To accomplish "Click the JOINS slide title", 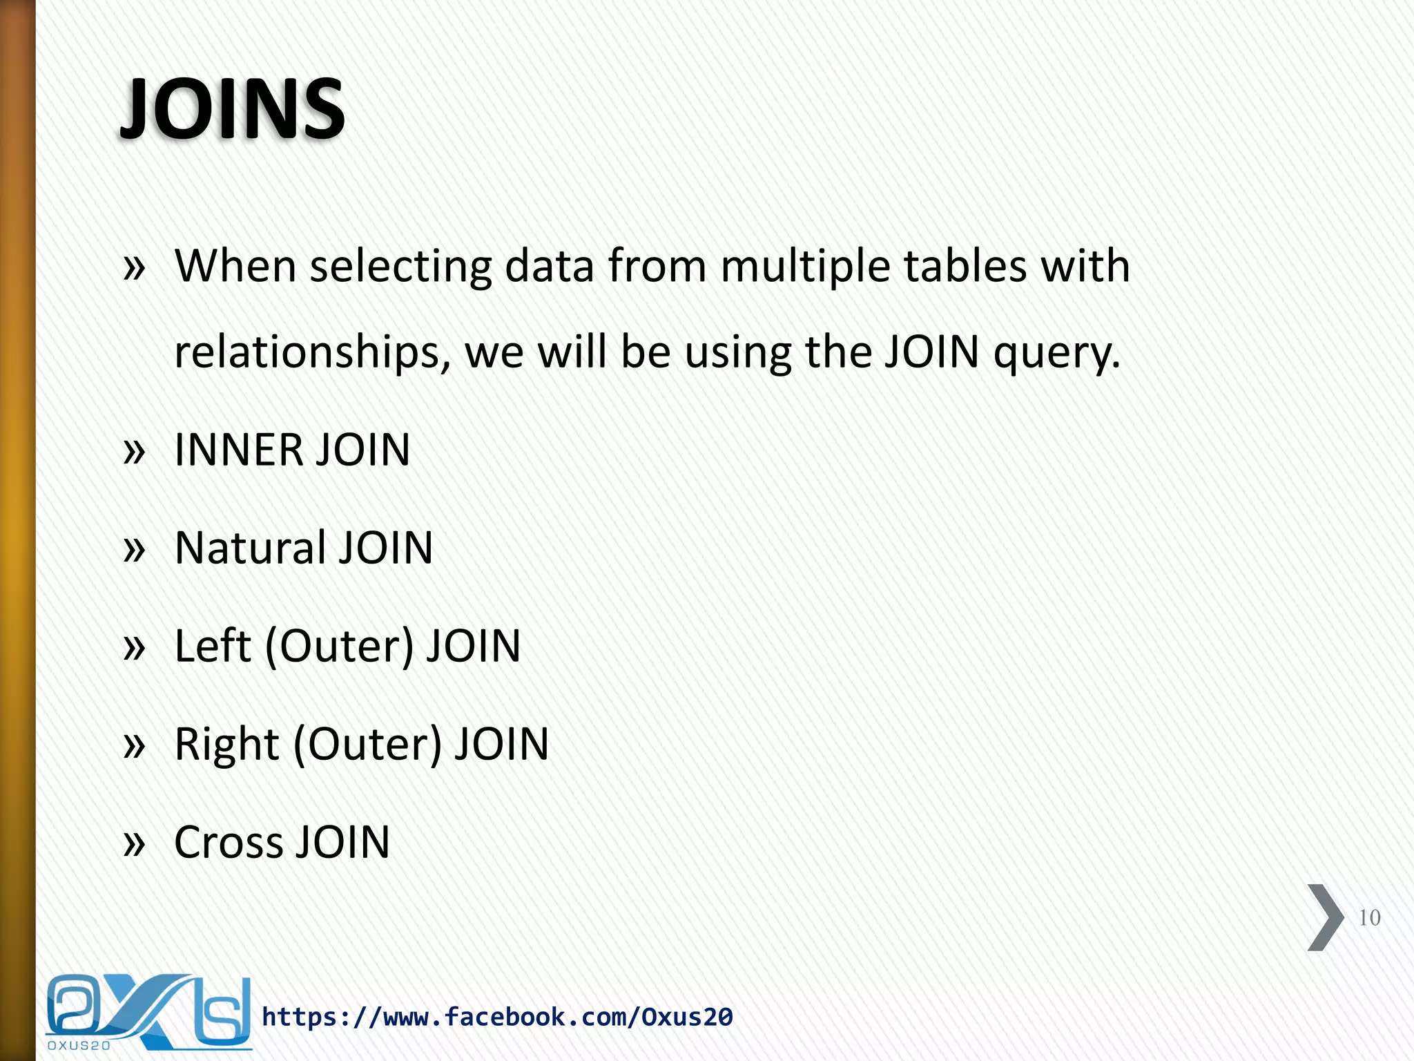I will (x=233, y=109).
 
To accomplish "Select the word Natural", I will (x=250, y=548).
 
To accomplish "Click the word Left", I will (x=212, y=647).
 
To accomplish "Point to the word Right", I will (x=226, y=745).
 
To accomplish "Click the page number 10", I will (x=1369, y=917).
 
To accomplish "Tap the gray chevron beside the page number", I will (x=1325, y=917).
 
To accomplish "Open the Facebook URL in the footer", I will (x=497, y=1017).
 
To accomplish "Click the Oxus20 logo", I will (x=148, y=1013).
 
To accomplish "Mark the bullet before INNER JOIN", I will (x=135, y=452).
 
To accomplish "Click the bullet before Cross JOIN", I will (x=135, y=844).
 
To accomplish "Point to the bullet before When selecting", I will (x=135, y=268).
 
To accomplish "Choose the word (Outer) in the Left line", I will (x=339, y=647).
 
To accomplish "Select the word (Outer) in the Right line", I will (x=367, y=745).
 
